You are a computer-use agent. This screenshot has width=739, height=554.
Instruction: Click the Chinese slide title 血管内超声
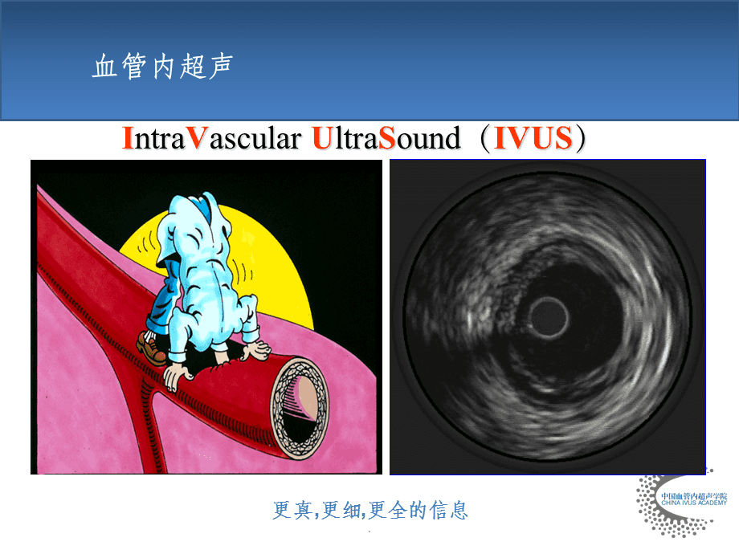pos(162,66)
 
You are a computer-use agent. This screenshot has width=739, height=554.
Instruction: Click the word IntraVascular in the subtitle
pos(211,138)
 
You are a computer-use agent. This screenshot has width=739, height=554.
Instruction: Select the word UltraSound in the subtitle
pos(386,138)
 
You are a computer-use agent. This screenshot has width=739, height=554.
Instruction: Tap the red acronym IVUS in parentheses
pos(533,138)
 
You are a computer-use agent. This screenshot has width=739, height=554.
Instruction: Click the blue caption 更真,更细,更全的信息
pos(370,510)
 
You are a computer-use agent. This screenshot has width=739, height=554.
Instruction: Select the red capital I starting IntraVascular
pos(127,138)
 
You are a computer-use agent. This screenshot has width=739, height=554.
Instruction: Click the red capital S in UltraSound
pos(386,138)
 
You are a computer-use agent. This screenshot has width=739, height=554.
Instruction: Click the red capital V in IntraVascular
pos(197,138)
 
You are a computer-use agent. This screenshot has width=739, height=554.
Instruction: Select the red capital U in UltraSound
pos(322,138)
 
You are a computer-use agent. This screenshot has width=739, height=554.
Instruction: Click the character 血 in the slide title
pos(104,66)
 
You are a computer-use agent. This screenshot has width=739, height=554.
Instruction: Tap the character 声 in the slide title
pos(221,66)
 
